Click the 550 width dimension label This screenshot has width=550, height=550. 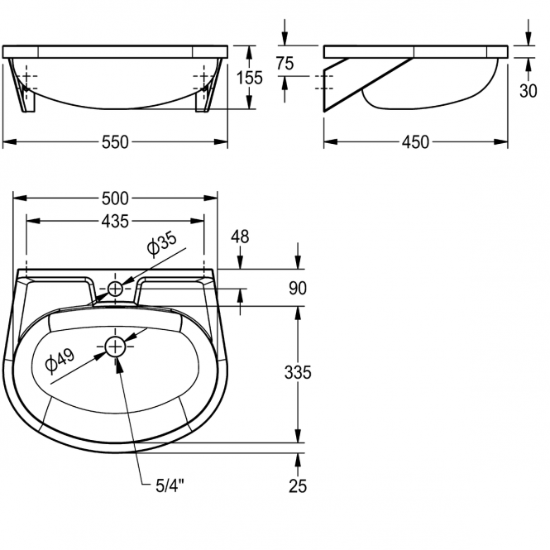[115, 142]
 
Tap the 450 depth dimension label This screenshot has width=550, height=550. [415, 142]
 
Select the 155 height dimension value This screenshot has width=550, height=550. [249, 78]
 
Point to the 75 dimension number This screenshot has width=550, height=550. [285, 64]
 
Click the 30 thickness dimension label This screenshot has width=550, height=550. [528, 91]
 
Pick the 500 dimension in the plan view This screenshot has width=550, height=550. [115, 198]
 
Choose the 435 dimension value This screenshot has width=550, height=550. [115, 222]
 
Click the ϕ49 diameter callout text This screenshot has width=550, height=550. [60, 360]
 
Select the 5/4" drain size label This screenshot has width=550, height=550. [170, 486]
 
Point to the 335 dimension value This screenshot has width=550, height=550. [298, 372]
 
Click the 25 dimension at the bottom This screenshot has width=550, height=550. [298, 486]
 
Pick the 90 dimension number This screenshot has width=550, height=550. [298, 289]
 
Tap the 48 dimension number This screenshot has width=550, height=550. [240, 237]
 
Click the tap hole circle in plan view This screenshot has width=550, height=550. [115, 289]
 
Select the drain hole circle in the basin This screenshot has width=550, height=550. [115, 347]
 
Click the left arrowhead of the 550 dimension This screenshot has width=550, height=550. [9, 141]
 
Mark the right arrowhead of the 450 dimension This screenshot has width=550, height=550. [501, 141]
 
